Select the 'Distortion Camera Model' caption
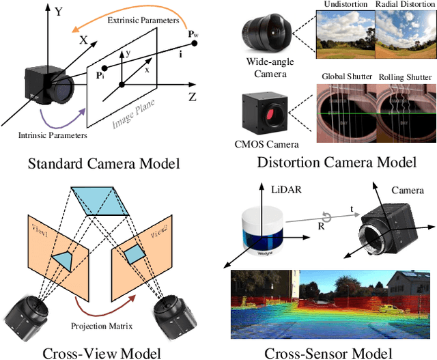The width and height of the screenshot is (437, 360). point(337,162)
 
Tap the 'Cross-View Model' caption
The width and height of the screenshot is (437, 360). point(102,352)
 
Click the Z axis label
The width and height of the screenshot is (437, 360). point(192,96)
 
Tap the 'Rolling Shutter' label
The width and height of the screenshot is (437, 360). point(406,77)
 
